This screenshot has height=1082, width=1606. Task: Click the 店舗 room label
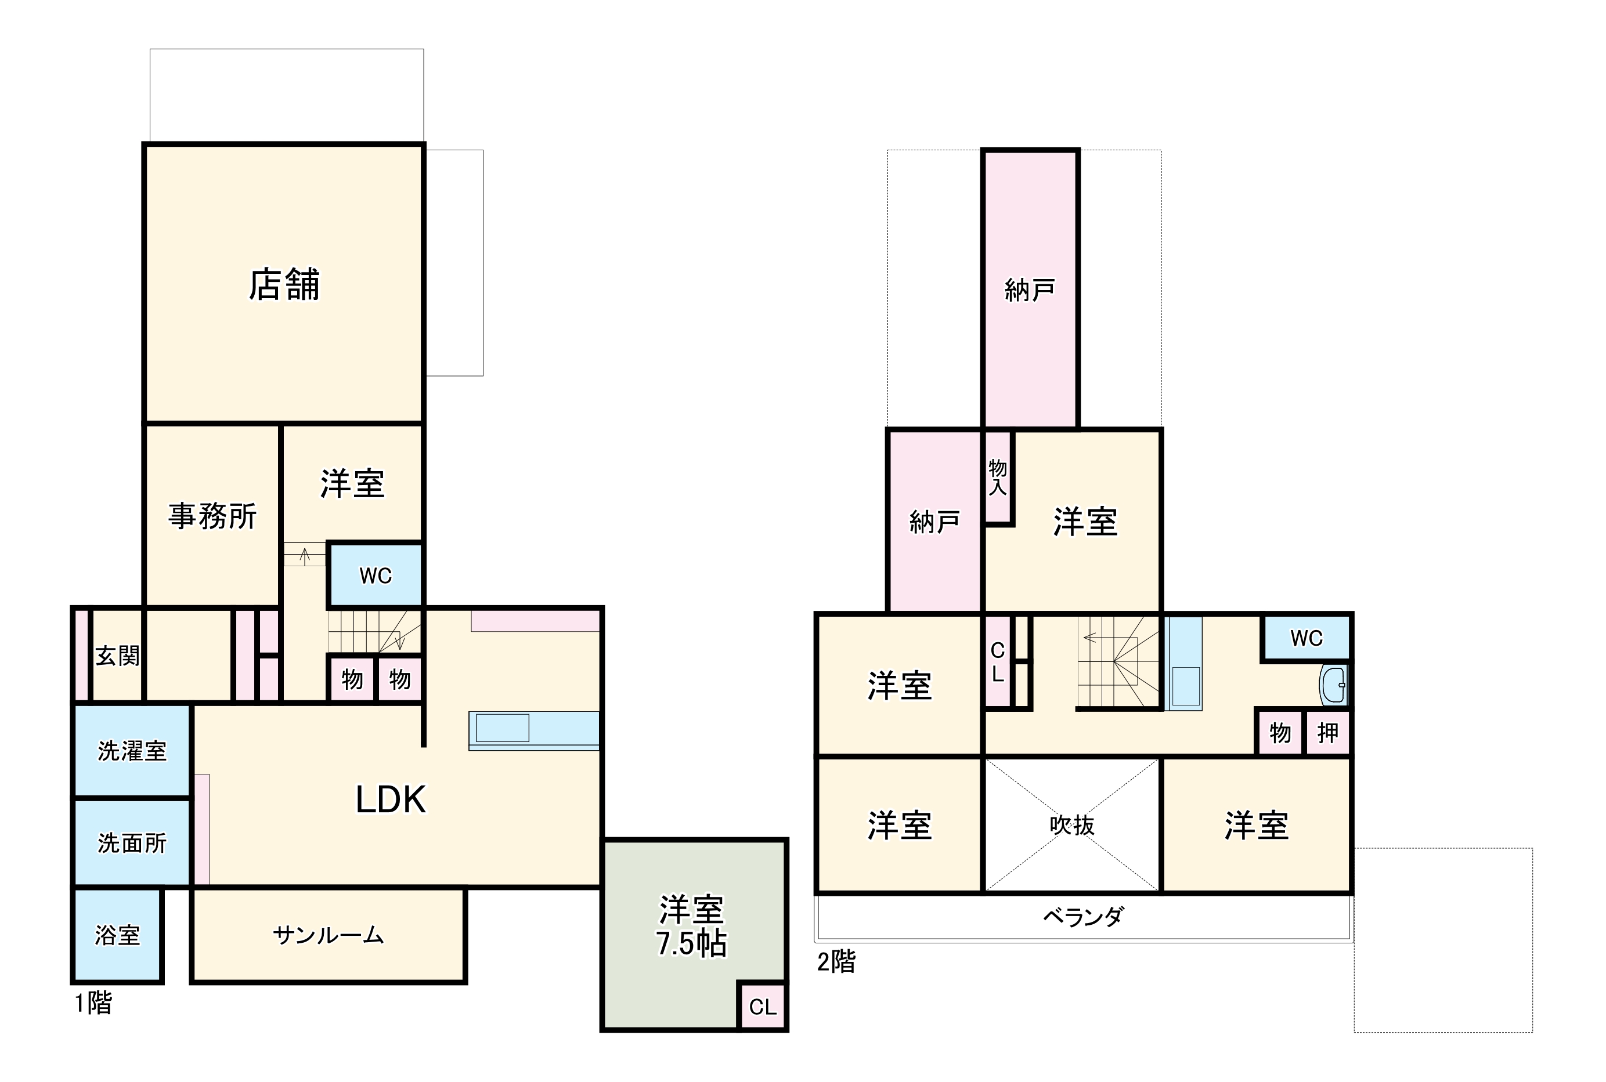pyautogui.click(x=284, y=284)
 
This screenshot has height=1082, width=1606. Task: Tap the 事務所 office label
pyautogui.click(x=212, y=516)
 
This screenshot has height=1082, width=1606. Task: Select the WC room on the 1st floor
pyautogui.click(x=376, y=576)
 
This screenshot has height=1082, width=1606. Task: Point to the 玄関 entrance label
pyautogui.click(x=117, y=656)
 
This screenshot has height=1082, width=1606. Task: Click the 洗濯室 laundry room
pyautogui.click(x=132, y=751)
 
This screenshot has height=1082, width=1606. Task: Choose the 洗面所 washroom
pyautogui.click(x=132, y=842)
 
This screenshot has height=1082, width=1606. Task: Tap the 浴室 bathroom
pyautogui.click(x=117, y=935)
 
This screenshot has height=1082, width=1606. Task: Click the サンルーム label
pyautogui.click(x=328, y=935)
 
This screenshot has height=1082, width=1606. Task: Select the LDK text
pyautogui.click(x=390, y=799)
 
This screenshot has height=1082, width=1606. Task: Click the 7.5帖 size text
pyautogui.click(x=691, y=943)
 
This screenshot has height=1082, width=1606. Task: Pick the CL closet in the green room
pyautogui.click(x=763, y=1007)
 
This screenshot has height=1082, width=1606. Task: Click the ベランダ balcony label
pyautogui.click(x=1083, y=917)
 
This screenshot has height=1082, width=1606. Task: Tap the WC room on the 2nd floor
pyautogui.click(x=1306, y=638)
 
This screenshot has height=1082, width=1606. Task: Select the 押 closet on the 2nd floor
pyautogui.click(x=1327, y=733)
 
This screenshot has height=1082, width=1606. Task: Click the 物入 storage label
pyautogui.click(x=997, y=477)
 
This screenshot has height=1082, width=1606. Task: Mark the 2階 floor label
pyautogui.click(x=836, y=961)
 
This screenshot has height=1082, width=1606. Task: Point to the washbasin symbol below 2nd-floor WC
pyautogui.click(x=1333, y=685)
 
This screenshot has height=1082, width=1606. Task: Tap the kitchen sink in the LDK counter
pyautogui.click(x=503, y=728)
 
